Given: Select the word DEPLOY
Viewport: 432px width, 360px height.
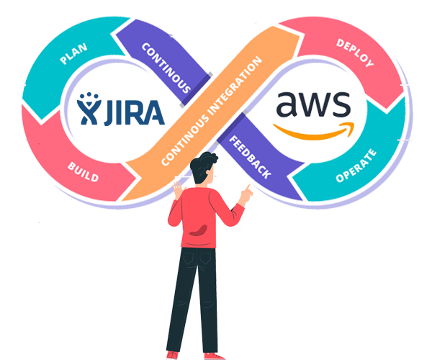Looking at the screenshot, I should click(x=355, y=53).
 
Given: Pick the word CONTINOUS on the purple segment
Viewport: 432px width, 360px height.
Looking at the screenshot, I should click(x=166, y=69).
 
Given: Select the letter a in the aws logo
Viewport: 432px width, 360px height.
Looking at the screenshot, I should click(x=288, y=107).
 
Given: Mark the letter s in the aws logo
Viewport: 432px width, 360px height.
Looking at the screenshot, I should click(x=342, y=107).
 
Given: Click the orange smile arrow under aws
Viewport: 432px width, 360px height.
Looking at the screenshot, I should click(x=317, y=131).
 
